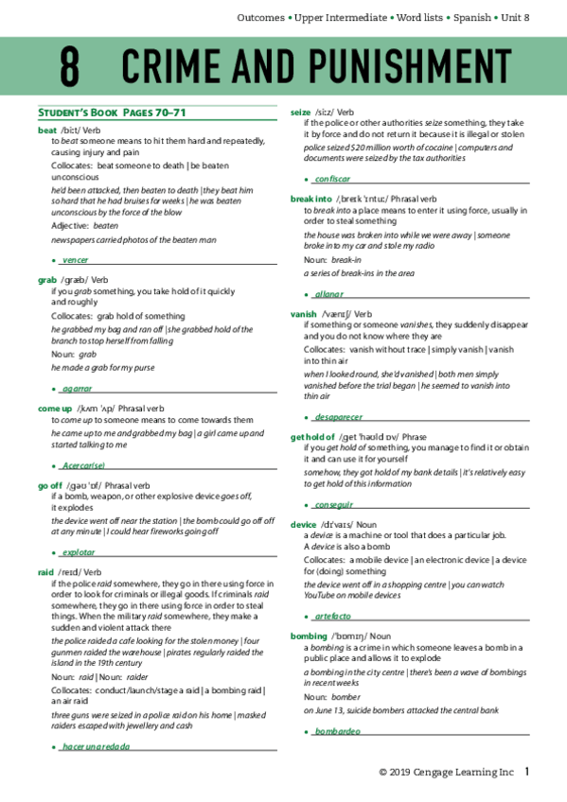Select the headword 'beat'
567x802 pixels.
47,130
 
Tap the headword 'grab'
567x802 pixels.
47,280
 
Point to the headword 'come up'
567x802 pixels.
55,409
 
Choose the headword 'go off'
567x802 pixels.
50,485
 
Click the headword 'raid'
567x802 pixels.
46,572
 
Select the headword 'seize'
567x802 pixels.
302,112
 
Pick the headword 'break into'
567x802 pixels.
311,200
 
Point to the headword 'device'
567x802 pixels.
304,524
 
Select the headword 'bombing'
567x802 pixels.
309,636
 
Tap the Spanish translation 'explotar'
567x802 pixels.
79,551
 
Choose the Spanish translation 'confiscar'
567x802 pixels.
332,179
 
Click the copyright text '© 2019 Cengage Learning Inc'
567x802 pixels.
446,773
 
